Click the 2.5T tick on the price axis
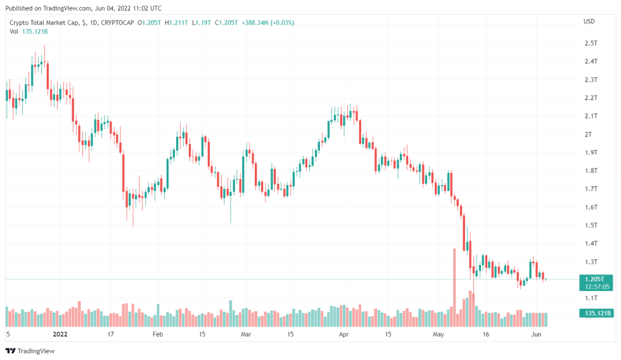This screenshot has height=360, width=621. tap(591, 43)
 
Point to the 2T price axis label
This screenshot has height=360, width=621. tap(588, 134)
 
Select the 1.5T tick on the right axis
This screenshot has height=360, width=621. tap(591, 226)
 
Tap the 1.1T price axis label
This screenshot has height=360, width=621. tap(591, 298)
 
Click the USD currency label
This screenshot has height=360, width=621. tap(589, 22)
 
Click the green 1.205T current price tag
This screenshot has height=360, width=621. tap(596, 279)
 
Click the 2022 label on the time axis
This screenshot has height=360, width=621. tap(60, 333)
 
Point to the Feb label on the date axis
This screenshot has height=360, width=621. tap(158, 333)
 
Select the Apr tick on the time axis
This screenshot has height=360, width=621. tap(344, 333)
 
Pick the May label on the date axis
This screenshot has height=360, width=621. tap(439, 333)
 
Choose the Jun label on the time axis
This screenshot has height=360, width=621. tap(536, 333)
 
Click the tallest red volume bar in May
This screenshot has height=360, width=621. tap(454, 285)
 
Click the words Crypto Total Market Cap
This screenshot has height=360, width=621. tap(44, 23)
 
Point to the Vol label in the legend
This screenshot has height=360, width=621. tap(14, 31)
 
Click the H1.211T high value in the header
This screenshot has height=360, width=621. tap(177, 23)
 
